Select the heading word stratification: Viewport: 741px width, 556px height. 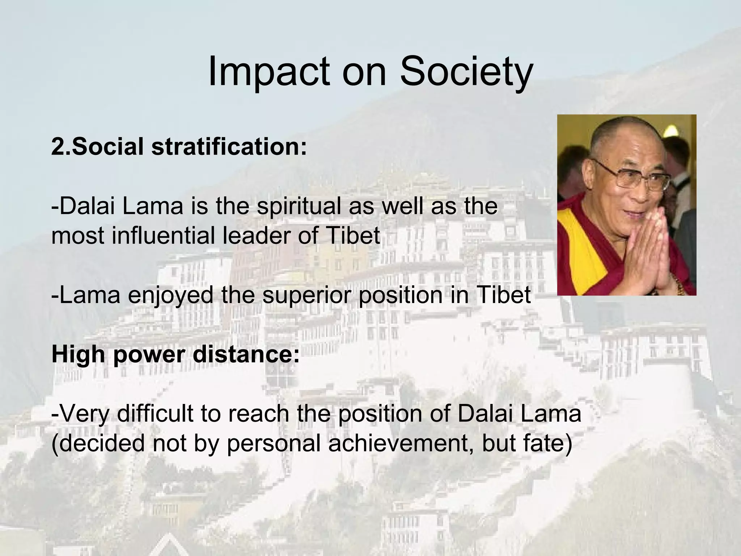tap(229, 147)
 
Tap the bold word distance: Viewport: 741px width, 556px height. tap(246, 354)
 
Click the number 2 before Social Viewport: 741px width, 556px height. tap(57, 147)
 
